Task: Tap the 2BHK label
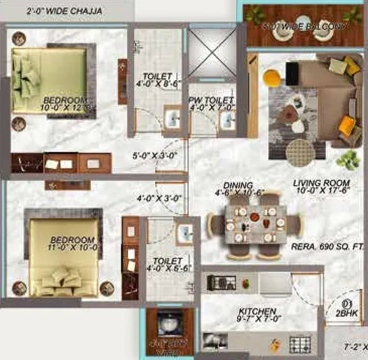click(348, 314)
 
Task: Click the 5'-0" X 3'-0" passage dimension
click(154, 154)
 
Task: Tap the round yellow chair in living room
click(271, 77)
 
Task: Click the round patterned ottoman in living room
click(301, 153)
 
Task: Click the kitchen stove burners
click(300, 344)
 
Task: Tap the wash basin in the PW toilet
click(226, 120)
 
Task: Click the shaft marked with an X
click(210, 51)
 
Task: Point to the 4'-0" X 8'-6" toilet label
click(154, 79)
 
